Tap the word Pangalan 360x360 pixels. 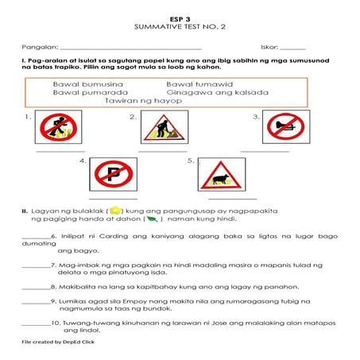pos(39,48)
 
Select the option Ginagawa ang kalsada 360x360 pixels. pos(218,92)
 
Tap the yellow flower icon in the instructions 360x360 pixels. pos(114,210)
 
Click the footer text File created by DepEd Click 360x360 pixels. pos(58,341)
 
